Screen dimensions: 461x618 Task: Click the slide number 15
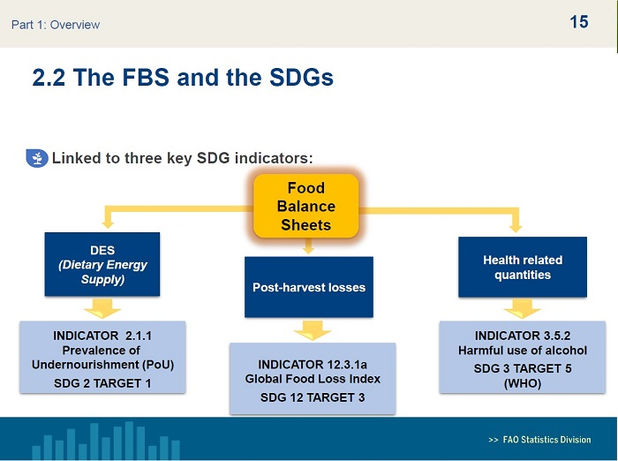(x=579, y=22)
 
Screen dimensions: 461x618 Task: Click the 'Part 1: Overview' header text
(x=56, y=25)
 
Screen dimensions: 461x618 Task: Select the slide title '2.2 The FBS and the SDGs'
(x=183, y=78)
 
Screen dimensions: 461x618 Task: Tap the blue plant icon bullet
(x=37, y=158)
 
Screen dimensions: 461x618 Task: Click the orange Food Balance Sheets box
(x=305, y=206)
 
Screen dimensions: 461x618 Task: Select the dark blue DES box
(x=102, y=264)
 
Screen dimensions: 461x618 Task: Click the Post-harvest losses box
(x=308, y=287)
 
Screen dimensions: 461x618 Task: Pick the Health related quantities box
(x=523, y=267)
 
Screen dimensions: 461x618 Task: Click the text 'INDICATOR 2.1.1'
(x=102, y=336)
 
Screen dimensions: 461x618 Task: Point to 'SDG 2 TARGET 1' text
(x=102, y=383)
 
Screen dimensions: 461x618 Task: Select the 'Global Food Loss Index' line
(x=313, y=379)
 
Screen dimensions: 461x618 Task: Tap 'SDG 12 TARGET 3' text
(x=313, y=398)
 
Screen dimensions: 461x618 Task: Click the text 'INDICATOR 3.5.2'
(x=523, y=336)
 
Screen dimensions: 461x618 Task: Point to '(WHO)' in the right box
(x=523, y=383)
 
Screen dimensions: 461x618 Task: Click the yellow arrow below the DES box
(x=102, y=307)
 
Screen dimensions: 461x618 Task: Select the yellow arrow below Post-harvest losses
(x=312, y=330)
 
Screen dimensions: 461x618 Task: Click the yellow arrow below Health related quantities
(x=523, y=309)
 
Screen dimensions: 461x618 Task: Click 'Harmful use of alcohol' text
(x=523, y=351)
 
